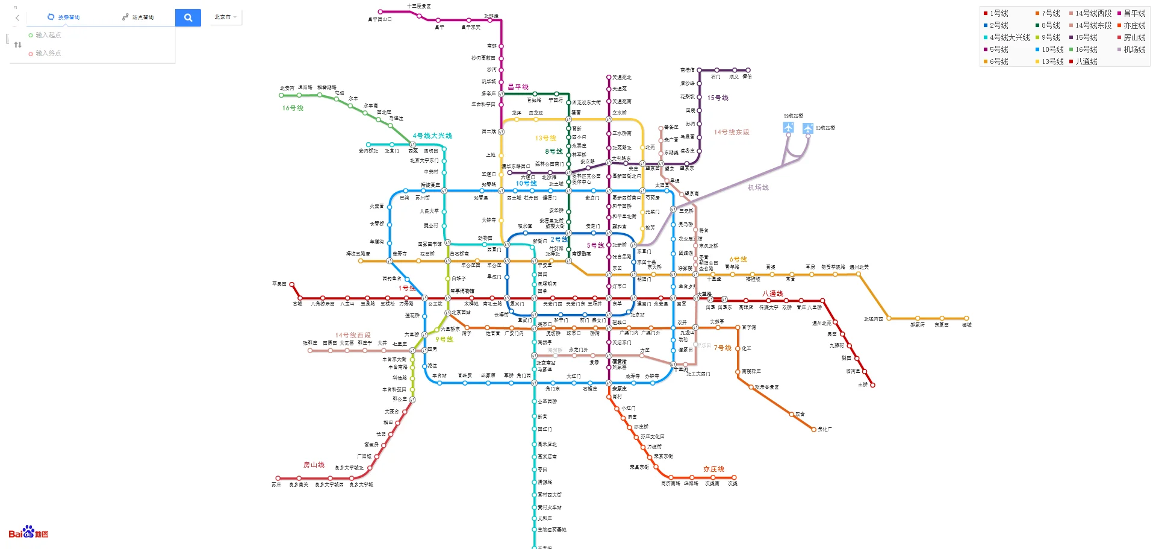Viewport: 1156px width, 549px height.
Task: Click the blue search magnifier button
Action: [x=188, y=17]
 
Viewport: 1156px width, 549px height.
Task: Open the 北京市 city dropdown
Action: [x=226, y=17]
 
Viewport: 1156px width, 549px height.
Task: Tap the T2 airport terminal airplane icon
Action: [x=788, y=127]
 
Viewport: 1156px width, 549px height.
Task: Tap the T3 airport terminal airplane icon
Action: [x=808, y=128]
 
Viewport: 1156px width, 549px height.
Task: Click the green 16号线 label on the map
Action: [x=293, y=108]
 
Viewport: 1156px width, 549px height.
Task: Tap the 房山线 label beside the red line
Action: [x=314, y=465]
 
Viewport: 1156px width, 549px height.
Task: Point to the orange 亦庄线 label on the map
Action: [x=713, y=469]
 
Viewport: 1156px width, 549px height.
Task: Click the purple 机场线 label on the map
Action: [x=758, y=187]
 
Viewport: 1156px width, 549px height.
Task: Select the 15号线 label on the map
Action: [x=718, y=98]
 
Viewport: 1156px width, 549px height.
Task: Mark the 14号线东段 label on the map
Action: [x=732, y=132]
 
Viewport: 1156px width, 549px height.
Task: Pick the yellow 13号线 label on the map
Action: [x=545, y=138]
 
